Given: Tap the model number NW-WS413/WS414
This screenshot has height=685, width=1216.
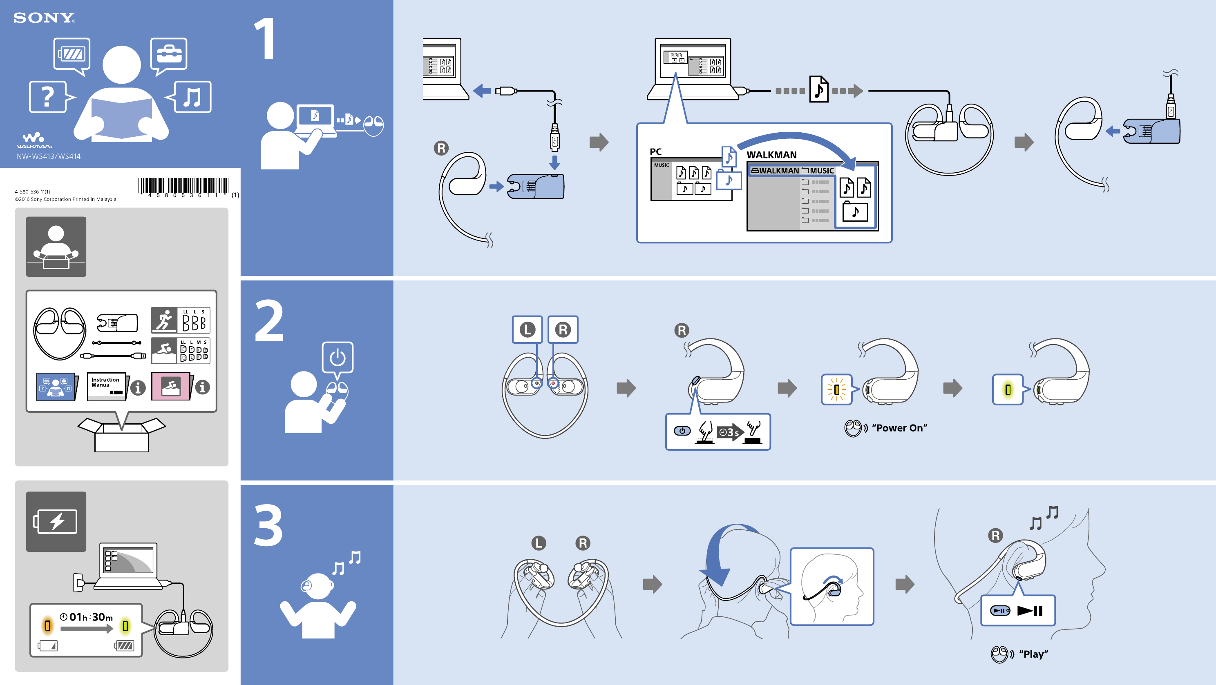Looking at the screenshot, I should coord(49,156).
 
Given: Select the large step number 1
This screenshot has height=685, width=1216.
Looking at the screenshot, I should coord(265,39).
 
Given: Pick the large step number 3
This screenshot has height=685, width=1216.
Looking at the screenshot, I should coord(268,525).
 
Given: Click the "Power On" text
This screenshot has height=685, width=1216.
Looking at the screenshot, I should coord(899,428).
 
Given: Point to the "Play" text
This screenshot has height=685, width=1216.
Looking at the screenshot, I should coord(1033,654).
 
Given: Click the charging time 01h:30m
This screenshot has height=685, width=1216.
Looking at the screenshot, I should coord(91,617).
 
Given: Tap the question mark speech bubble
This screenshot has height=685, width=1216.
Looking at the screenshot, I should coord(48,97).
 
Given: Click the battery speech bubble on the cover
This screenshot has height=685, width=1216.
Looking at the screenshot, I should coord(72,54).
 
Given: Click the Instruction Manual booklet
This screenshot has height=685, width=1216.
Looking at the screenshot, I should coord(107,386).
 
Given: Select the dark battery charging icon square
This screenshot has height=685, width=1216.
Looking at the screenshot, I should coord(56,521).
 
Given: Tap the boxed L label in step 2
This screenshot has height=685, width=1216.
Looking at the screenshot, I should coord(527,329).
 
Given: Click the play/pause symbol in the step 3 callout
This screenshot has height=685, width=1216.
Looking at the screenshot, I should coord(1030,611).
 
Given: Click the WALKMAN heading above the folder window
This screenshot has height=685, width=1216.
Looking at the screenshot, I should coord(771,155).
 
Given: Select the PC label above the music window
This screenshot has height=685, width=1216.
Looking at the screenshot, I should coord(656,151).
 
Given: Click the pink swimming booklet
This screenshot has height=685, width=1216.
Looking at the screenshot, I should coord(170,386).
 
